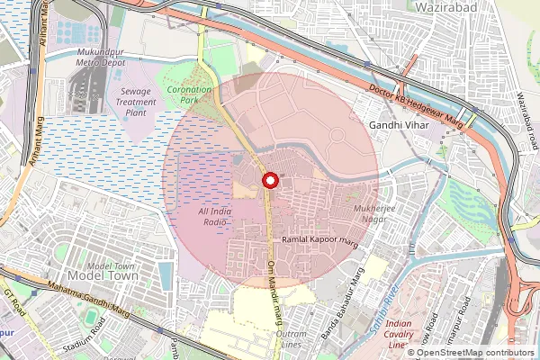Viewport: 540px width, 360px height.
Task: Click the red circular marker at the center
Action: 269,182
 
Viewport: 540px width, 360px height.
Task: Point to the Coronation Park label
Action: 188,94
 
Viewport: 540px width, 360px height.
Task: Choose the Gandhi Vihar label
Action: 400,126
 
